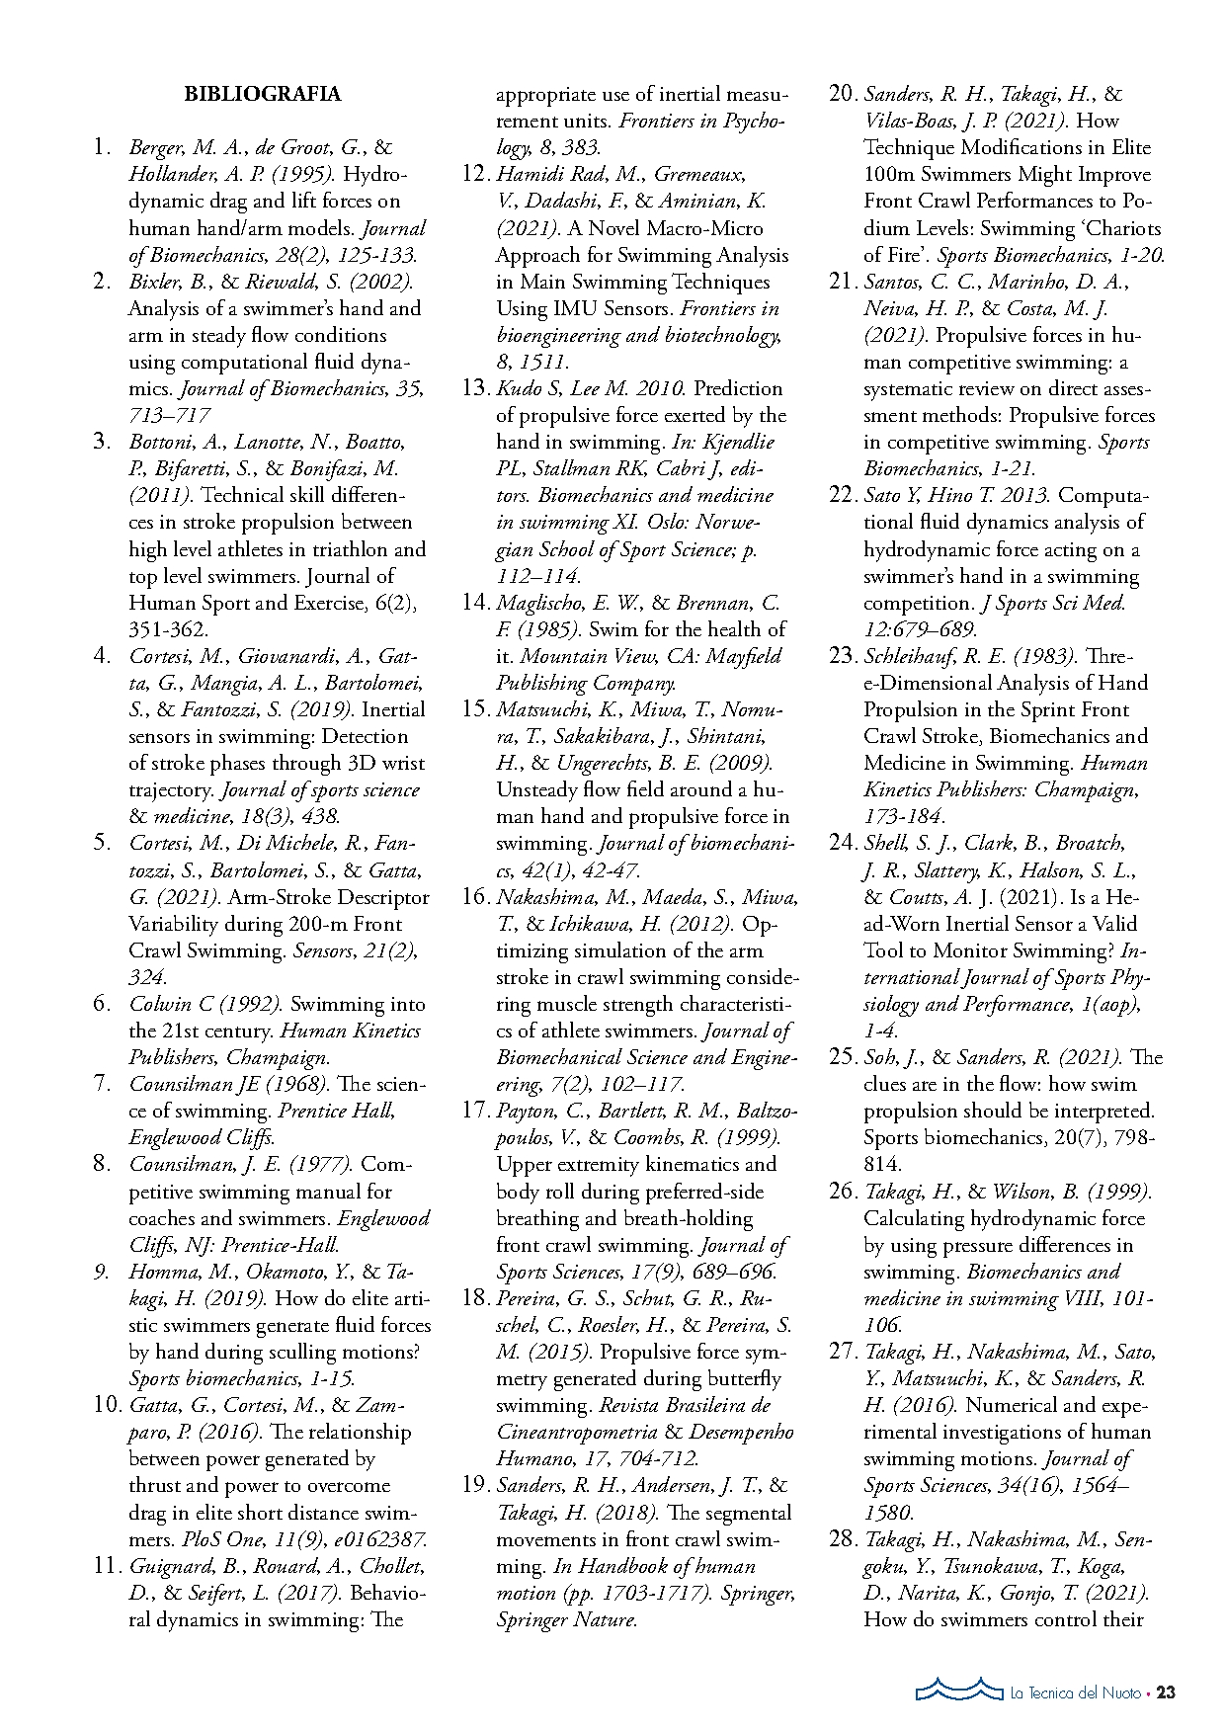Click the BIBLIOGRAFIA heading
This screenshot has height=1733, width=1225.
point(262,95)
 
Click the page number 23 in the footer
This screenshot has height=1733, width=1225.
point(1166,1692)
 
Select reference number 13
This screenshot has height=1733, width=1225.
point(476,388)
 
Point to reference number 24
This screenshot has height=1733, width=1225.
point(843,843)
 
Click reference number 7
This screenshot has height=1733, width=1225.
point(103,1084)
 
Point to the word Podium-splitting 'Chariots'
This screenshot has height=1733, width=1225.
point(1120,228)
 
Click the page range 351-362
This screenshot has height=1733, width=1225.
point(168,629)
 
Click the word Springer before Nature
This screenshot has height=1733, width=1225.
point(531,1619)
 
